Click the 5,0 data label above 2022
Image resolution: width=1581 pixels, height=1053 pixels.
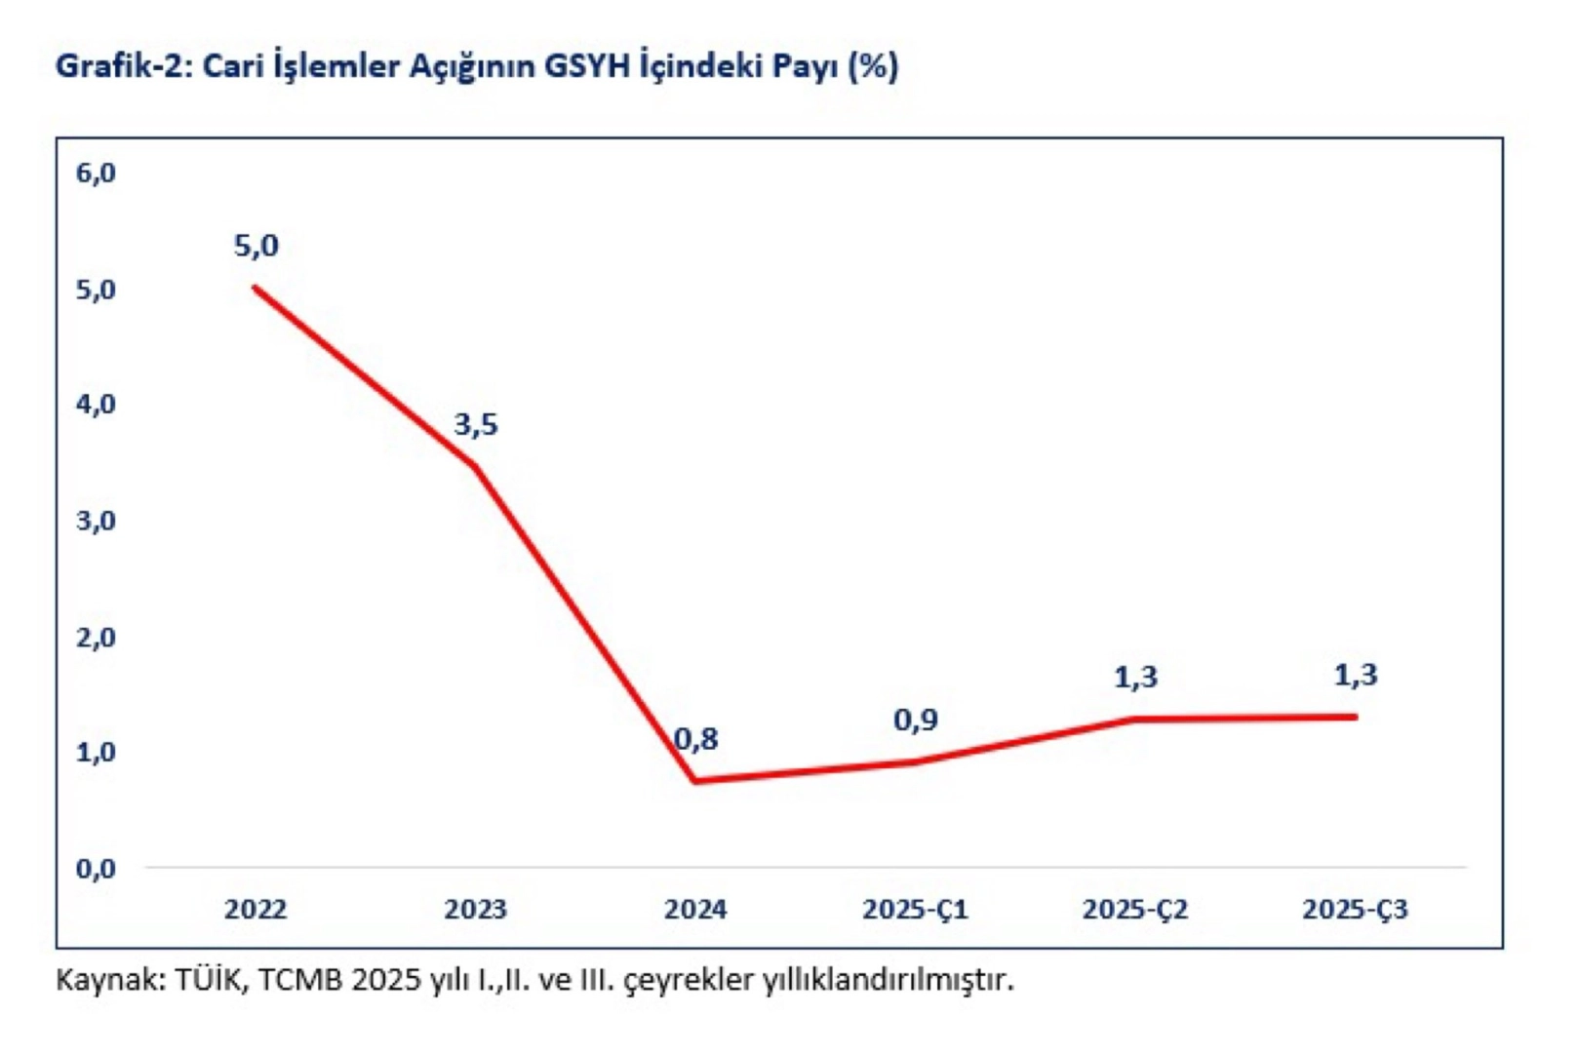(x=256, y=247)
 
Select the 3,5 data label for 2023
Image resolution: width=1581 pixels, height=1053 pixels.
(x=476, y=425)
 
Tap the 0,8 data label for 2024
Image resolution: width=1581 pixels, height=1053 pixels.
(x=696, y=740)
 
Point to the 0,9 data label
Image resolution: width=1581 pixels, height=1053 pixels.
(x=916, y=721)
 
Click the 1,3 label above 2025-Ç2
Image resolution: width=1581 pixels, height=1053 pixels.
(x=1135, y=678)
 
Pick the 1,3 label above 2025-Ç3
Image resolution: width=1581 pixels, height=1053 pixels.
(x=1356, y=675)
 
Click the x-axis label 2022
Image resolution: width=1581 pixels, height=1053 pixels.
(x=256, y=910)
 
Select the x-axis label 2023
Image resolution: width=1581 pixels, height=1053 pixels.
(x=476, y=910)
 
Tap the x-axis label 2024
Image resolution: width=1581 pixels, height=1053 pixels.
(x=695, y=910)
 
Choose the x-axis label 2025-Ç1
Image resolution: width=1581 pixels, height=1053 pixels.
(x=915, y=910)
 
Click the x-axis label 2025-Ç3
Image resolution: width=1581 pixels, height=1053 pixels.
(x=1356, y=910)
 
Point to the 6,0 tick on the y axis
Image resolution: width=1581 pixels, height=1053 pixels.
(x=96, y=174)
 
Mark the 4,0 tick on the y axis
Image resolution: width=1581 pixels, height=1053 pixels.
(x=96, y=405)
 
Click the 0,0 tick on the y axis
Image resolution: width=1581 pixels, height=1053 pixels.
(x=96, y=869)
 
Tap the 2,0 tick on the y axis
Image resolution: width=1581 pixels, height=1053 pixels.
(x=96, y=638)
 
